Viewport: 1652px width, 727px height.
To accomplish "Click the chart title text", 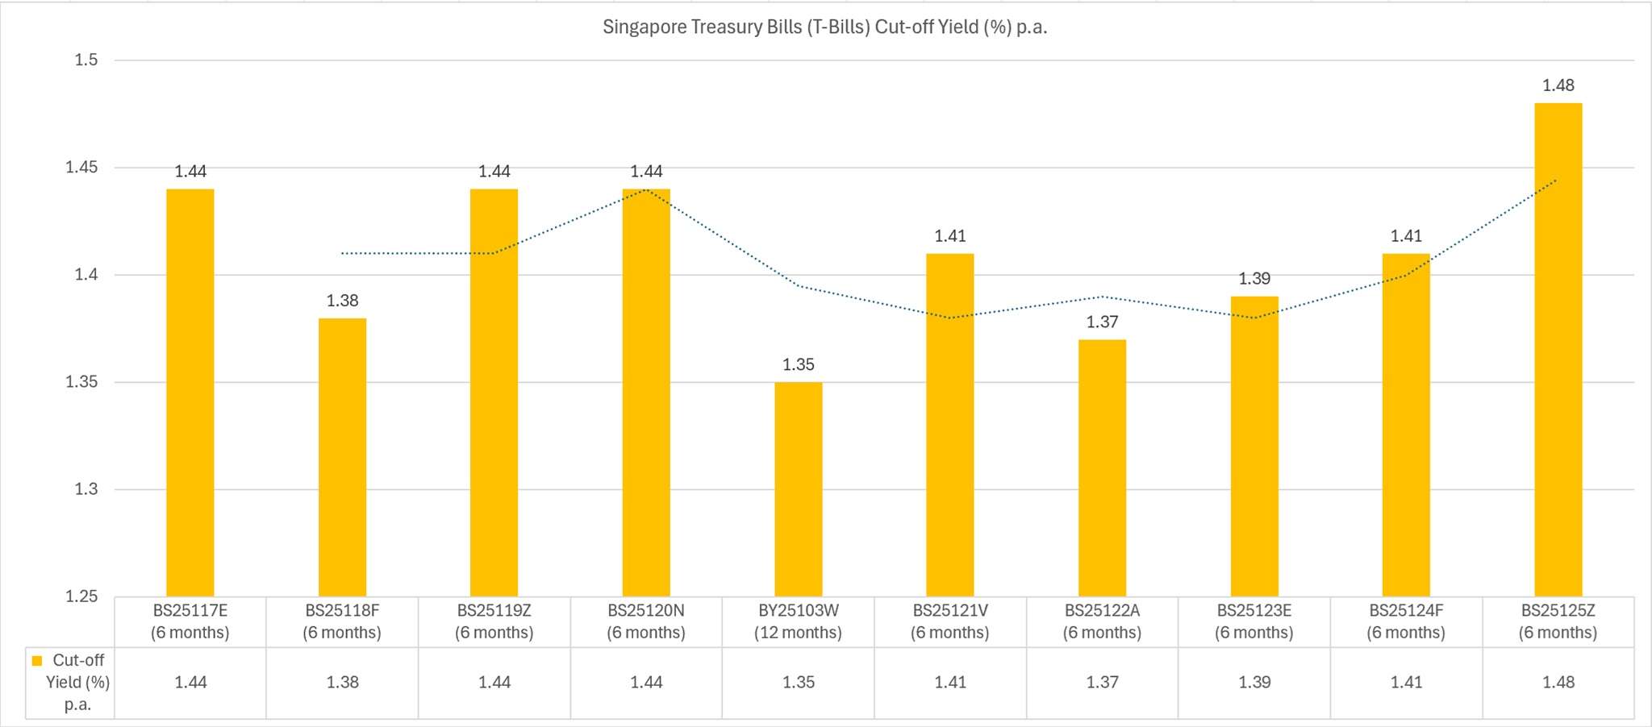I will [x=824, y=27].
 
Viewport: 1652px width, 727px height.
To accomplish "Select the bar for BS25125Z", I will [x=1558, y=350].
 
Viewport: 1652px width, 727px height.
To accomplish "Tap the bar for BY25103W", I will [x=798, y=489].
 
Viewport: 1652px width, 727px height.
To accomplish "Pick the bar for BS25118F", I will [x=342, y=457].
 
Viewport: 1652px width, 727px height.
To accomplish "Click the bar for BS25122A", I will [x=1102, y=467].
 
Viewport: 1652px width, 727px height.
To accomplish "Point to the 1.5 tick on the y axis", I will [x=86, y=60].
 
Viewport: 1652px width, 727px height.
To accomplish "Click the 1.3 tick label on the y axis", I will [x=86, y=489].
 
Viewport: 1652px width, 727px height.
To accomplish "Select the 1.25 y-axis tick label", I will [x=81, y=596].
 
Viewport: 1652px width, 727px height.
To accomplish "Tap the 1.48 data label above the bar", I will [x=1558, y=85].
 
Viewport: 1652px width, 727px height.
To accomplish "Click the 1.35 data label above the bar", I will [x=798, y=365].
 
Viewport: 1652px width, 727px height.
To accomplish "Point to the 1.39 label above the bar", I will [x=1254, y=279].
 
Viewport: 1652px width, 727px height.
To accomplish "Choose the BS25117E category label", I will [x=190, y=621].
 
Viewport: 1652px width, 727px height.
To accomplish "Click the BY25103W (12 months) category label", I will [x=798, y=621].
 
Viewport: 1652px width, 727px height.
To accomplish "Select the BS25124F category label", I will [x=1406, y=621].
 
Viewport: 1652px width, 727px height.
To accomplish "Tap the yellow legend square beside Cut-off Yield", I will [x=37, y=661].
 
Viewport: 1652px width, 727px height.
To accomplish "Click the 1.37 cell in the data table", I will [x=1102, y=683].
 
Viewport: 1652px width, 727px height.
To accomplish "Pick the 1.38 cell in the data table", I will [x=342, y=683].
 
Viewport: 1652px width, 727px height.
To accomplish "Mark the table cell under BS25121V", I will [x=950, y=683].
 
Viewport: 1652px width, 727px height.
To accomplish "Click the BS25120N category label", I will [x=646, y=621].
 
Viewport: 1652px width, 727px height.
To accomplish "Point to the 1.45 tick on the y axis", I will [x=81, y=168].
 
